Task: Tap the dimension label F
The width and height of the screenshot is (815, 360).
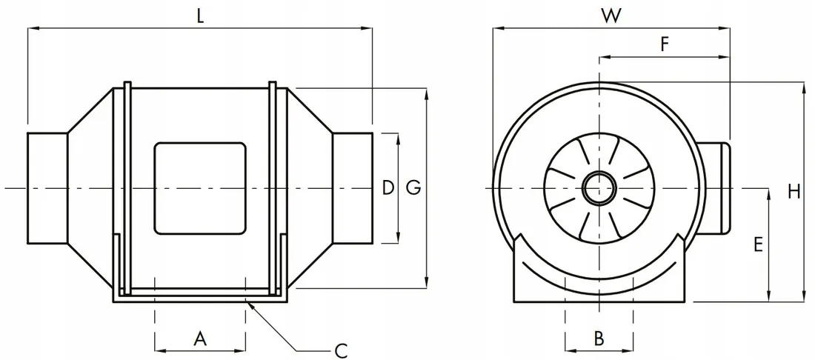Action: click(x=665, y=44)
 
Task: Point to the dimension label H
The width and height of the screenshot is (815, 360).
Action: click(x=794, y=192)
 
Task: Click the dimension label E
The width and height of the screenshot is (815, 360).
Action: click(x=757, y=245)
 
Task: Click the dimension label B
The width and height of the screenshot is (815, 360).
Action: click(x=599, y=339)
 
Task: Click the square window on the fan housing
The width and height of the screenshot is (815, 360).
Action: click(x=199, y=188)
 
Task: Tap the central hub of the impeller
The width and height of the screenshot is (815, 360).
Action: click(x=598, y=188)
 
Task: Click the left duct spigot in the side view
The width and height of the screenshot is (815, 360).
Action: click(x=47, y=188)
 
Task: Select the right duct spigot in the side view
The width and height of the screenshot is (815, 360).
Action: click(x=350, y=188)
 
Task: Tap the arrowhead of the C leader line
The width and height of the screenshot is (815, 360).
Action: click(x=249, y=304)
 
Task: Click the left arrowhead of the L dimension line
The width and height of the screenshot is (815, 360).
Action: click(x=32, y=29)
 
